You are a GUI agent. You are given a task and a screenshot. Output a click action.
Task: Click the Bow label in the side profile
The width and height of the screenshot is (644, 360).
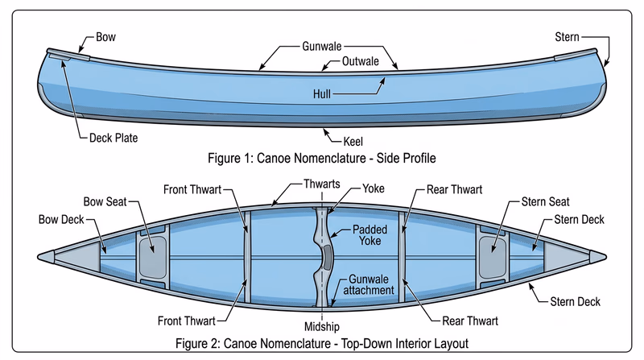pos(105,37)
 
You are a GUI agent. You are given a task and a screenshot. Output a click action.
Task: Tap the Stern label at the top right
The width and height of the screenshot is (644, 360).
pos(568,37)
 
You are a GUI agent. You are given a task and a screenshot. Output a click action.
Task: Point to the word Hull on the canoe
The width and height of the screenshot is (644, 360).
pos(322,94)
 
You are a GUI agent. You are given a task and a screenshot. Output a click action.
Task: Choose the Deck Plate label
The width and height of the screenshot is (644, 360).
pos(113,138)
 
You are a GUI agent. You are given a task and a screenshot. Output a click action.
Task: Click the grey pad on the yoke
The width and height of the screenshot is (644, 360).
pos(328,256)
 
